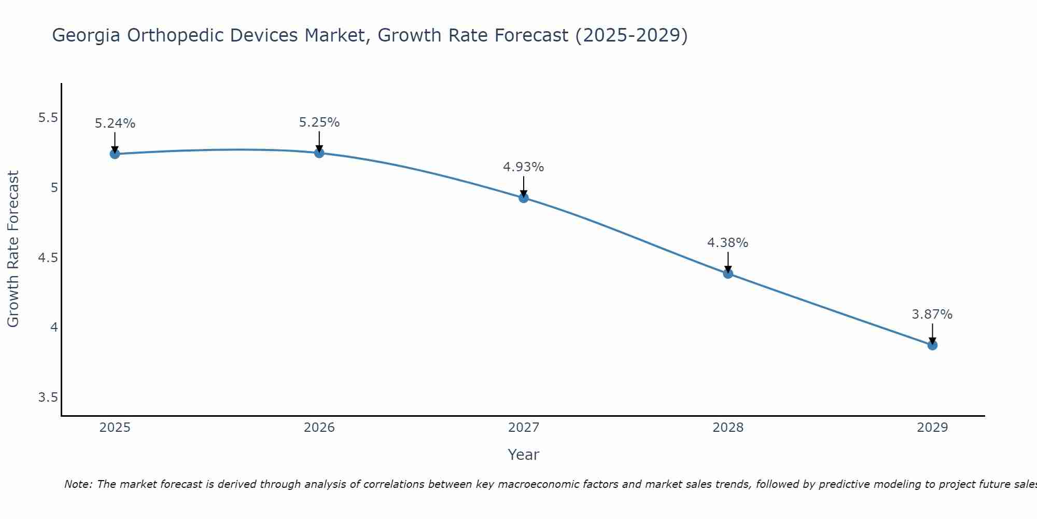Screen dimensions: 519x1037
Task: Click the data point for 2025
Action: [115, 154]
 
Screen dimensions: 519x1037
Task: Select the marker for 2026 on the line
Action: [319, 153]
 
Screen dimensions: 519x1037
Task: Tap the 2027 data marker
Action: [523, 198]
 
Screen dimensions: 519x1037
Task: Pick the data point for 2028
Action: [727, 274]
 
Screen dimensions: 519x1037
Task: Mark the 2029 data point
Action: [932, 345]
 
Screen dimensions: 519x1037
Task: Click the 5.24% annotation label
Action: [115, 124]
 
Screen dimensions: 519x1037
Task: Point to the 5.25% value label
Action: [319, 122]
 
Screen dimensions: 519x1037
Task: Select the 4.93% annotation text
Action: [523, 167]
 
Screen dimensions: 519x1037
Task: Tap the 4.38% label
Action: [727, 243]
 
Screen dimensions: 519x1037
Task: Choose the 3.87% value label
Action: [932, 315]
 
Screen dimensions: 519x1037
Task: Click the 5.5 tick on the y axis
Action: [48, 118]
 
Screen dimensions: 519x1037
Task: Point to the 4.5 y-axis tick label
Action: [48, 258]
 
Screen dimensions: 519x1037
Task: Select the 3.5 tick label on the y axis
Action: [48, 398]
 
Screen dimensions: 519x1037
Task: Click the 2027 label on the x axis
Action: [523, 428]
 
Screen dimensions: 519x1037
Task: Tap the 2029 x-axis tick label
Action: [932, 428]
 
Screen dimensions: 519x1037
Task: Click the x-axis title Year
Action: [523, 455]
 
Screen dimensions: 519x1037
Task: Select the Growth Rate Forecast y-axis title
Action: [13, 249]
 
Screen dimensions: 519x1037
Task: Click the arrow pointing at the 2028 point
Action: [727, 262]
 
